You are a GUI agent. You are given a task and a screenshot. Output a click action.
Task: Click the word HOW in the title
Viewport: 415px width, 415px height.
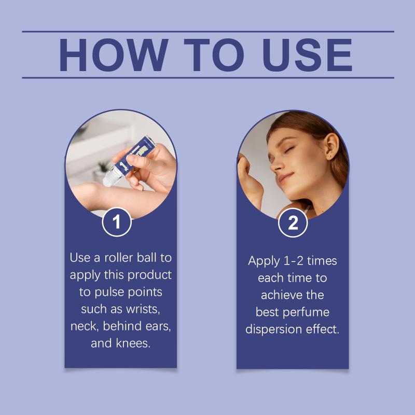pos(114,55)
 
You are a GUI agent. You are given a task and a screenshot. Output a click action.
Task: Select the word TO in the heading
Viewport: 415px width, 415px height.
pos(214,55)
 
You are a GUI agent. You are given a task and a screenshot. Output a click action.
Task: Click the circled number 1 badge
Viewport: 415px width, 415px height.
pos(117,222)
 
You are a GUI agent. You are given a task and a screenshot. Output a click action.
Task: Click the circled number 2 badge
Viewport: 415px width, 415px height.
pos(293,223)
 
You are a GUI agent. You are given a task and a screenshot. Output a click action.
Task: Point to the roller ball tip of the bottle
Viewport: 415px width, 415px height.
pos(108,180)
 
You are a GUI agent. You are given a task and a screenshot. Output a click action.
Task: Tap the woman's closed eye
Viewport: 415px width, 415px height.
pos(288,150)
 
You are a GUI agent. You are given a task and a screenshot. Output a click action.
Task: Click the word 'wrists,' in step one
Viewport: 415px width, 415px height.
pos(143,309)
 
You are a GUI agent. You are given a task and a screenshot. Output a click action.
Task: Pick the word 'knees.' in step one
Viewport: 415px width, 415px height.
pos(133,343)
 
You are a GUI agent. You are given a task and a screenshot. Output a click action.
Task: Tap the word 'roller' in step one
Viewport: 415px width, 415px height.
pos(119,257)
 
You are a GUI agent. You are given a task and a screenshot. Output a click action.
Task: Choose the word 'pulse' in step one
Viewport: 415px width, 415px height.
pos(109,293)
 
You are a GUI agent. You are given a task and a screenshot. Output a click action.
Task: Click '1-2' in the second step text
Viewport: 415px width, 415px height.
pos(293,261)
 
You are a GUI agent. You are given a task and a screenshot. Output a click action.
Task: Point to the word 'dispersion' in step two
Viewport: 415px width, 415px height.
pos(274,329)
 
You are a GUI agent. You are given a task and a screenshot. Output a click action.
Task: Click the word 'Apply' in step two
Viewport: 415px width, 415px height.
pos(264,261)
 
